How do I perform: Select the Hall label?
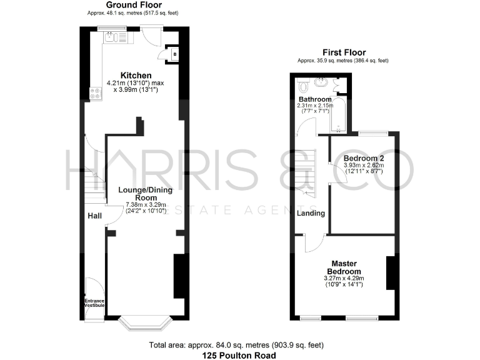94,216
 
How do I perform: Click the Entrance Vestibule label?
95,304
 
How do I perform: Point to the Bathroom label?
314,99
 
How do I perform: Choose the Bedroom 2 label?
362,157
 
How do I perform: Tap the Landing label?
311,213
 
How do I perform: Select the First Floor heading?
344,52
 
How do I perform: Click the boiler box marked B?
174,54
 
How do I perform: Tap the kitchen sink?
111,37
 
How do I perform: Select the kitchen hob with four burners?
96,94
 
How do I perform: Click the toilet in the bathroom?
304,87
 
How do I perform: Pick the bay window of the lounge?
146,322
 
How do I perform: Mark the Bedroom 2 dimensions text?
362,167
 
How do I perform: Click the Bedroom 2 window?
373,132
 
